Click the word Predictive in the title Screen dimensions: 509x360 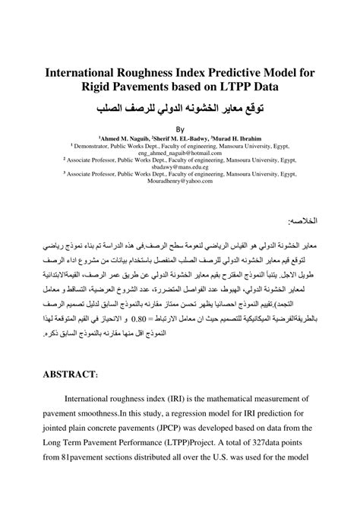216,73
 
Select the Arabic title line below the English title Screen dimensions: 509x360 179,109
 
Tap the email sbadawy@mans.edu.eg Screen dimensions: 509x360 180,172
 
